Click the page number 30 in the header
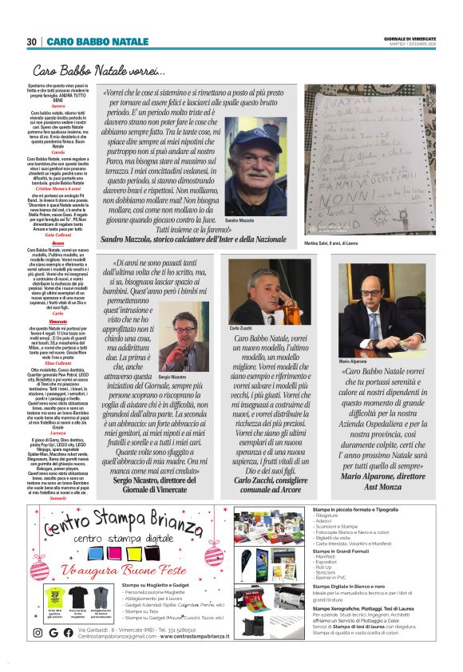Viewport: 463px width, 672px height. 32,42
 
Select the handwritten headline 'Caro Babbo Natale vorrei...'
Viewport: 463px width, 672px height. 99,72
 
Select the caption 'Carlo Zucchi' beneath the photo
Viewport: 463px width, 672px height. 242,328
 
